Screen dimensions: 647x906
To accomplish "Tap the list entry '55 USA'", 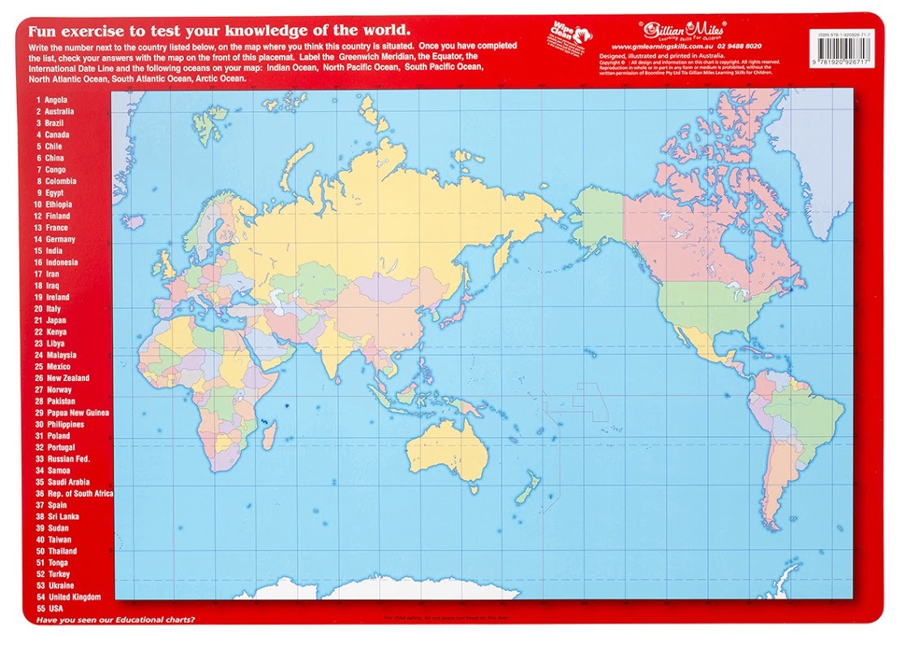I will [x=49, y=608].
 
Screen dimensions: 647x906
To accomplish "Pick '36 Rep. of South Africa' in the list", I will [x=73, y=493].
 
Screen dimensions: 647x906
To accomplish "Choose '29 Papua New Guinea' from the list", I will [x=71, y=413].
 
